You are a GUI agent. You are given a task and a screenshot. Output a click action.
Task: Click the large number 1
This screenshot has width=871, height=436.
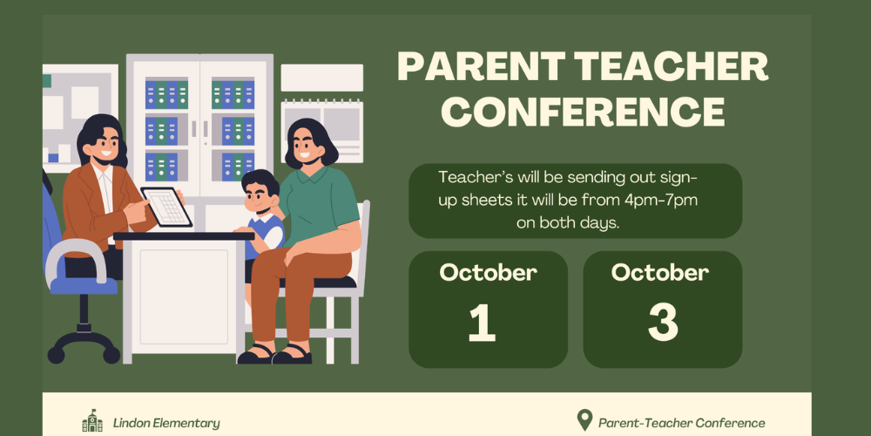[x=482, y=324]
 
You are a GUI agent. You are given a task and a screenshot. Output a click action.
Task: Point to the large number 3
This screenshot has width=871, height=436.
[x=663, y=324]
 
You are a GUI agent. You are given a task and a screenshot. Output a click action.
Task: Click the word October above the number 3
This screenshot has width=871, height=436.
[x=660, y=272]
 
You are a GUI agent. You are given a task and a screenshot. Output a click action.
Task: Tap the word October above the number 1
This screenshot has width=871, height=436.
[x=489, y=272]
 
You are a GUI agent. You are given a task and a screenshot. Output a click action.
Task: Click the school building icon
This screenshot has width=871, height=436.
[x=92, y=421]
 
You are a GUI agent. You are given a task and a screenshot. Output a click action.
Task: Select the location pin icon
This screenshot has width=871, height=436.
[x=584, y=420]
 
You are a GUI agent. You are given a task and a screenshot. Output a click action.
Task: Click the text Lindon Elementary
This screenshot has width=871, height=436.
[x=166, y=423]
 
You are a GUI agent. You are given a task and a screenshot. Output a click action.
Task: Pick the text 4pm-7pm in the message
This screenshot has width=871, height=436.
[x=660, y=201]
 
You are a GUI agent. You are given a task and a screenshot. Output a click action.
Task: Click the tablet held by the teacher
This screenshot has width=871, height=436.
[x=166, y=207]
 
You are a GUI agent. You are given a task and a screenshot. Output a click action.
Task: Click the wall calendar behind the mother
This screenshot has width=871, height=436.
[x=322, y=132]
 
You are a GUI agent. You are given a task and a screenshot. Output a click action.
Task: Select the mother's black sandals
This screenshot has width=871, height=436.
[x=274, y=354]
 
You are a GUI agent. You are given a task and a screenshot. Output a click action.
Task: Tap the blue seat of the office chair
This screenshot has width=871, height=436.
[x=84, y=285]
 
